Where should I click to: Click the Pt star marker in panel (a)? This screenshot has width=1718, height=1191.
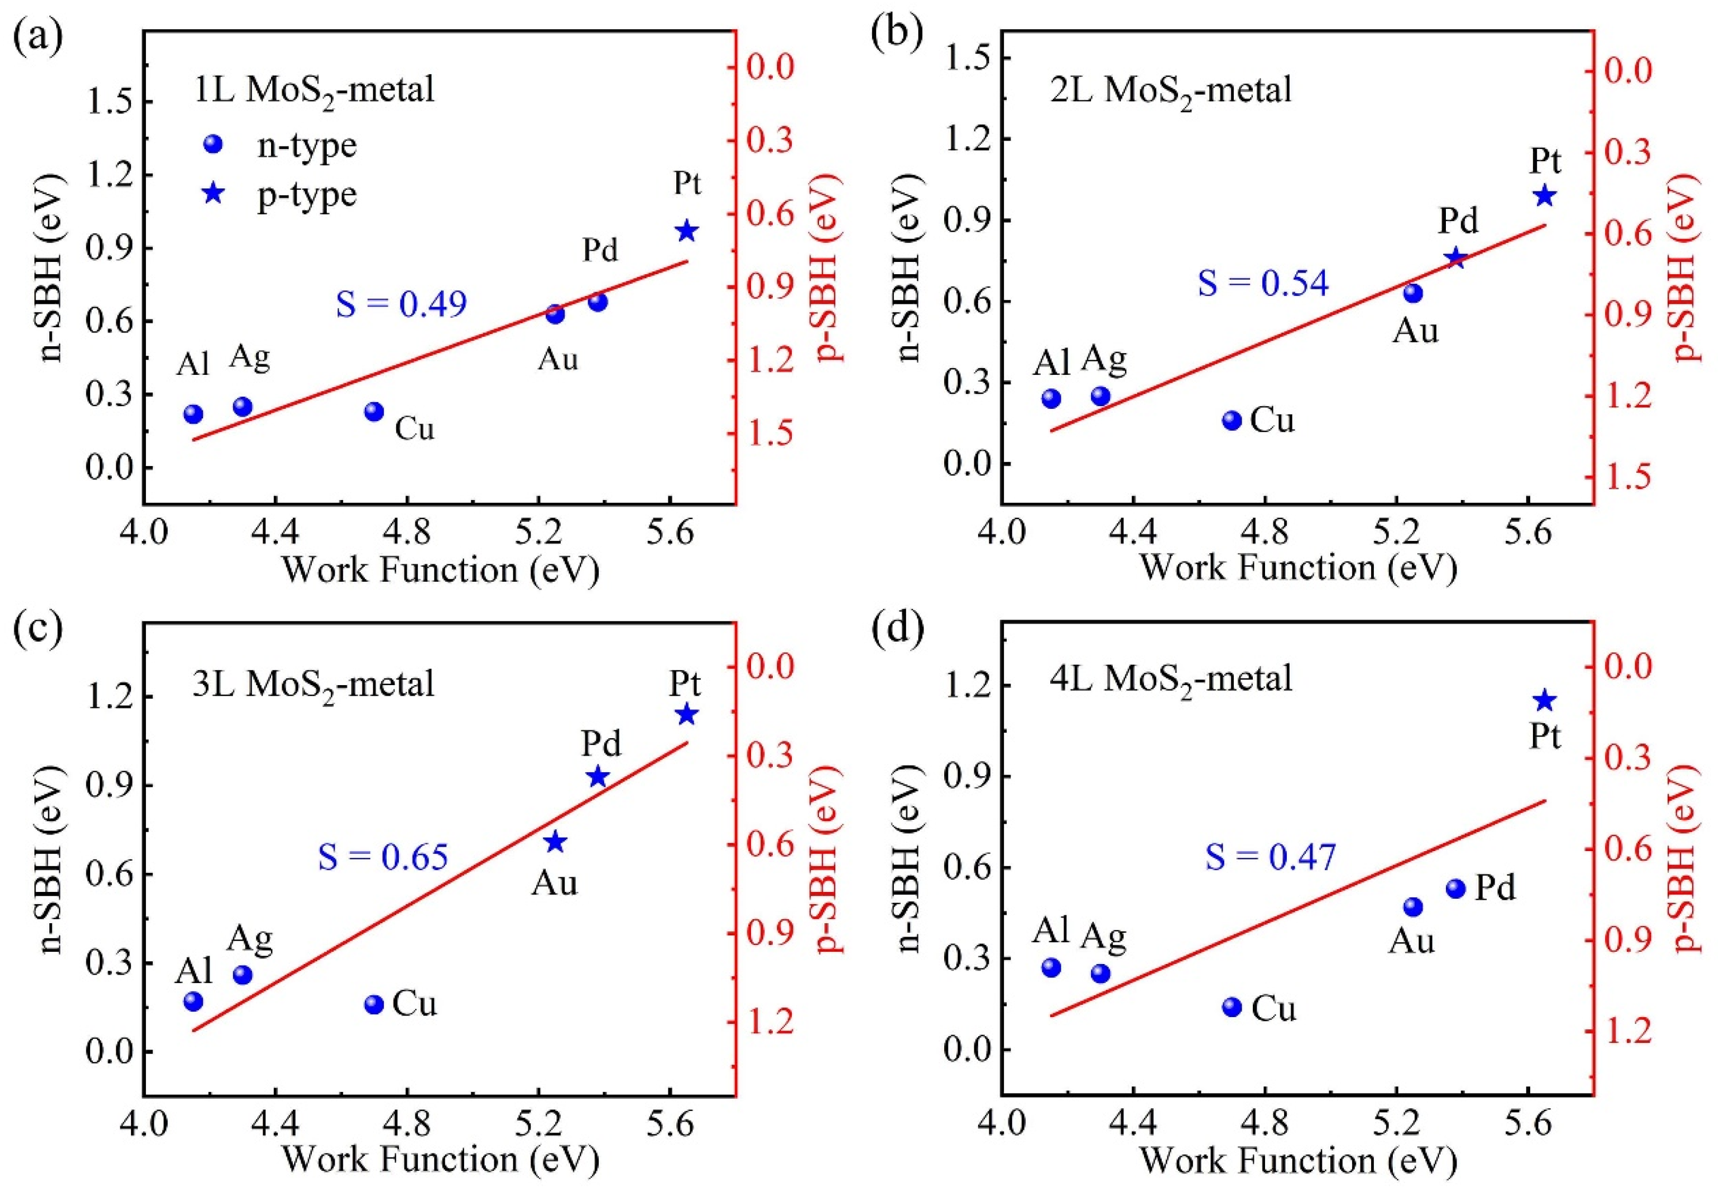(x=686, y=231)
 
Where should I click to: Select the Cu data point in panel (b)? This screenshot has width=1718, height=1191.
(x=1232, y=420)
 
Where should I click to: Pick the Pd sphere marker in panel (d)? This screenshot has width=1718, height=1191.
(x=1455, y=888)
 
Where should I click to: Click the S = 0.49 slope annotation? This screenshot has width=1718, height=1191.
(x=402, y=304)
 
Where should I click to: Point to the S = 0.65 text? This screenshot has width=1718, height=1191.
(x=383, y=857)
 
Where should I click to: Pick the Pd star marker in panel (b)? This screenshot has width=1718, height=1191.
(x=1455, y=259)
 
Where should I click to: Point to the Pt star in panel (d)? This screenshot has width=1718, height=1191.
(x=1544, y=700)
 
